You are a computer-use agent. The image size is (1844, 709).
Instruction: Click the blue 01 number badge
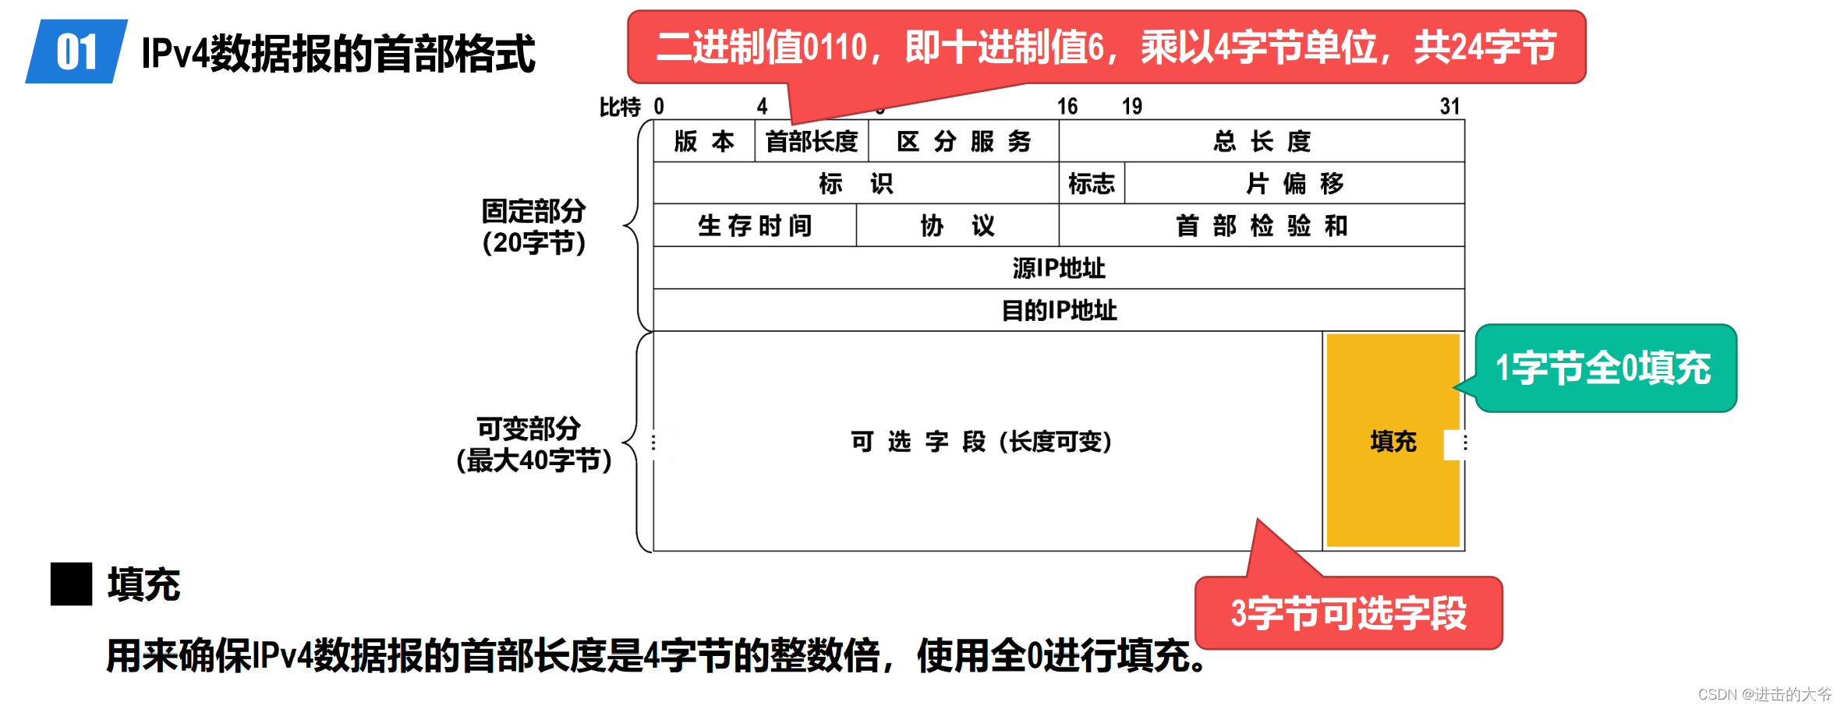tap(76, 52)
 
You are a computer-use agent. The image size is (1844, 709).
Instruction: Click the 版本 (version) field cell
tap(703, 141)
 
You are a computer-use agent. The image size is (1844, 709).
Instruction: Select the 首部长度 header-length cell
tap(812, 142)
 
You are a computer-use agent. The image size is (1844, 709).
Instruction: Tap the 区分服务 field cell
tap(964, 141)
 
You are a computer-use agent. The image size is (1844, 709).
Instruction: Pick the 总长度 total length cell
tap(1262, 141)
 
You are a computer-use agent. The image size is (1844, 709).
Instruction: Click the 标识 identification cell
tap(855, 183)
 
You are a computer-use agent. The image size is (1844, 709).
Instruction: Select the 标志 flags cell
tap(1091, 184)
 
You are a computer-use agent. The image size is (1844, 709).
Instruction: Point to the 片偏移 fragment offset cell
tap(1294, 184)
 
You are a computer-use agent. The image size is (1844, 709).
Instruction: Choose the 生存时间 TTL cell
tap(754, 226)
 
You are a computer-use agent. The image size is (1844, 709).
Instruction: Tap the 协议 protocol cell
tap(957, 226)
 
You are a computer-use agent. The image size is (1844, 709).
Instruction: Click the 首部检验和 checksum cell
tap(1262, 226)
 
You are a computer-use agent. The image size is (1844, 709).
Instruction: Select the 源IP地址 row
tap(1058, 268)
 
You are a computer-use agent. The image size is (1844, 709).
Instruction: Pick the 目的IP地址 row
tap(1058, 310)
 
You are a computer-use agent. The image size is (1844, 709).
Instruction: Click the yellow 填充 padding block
tap(1393, 441)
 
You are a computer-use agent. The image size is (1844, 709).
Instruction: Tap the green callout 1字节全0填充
tap(1605, 368)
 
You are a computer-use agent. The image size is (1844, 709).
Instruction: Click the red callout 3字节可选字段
tap(1348, 613)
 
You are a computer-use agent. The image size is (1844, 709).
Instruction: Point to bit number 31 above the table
tap(1449, 106)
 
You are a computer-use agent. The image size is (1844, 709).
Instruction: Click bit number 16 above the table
tap(1067, 106)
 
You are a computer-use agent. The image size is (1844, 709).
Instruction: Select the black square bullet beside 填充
tap(71, 584)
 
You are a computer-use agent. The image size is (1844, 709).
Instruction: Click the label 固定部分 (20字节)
tap(533, 227)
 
